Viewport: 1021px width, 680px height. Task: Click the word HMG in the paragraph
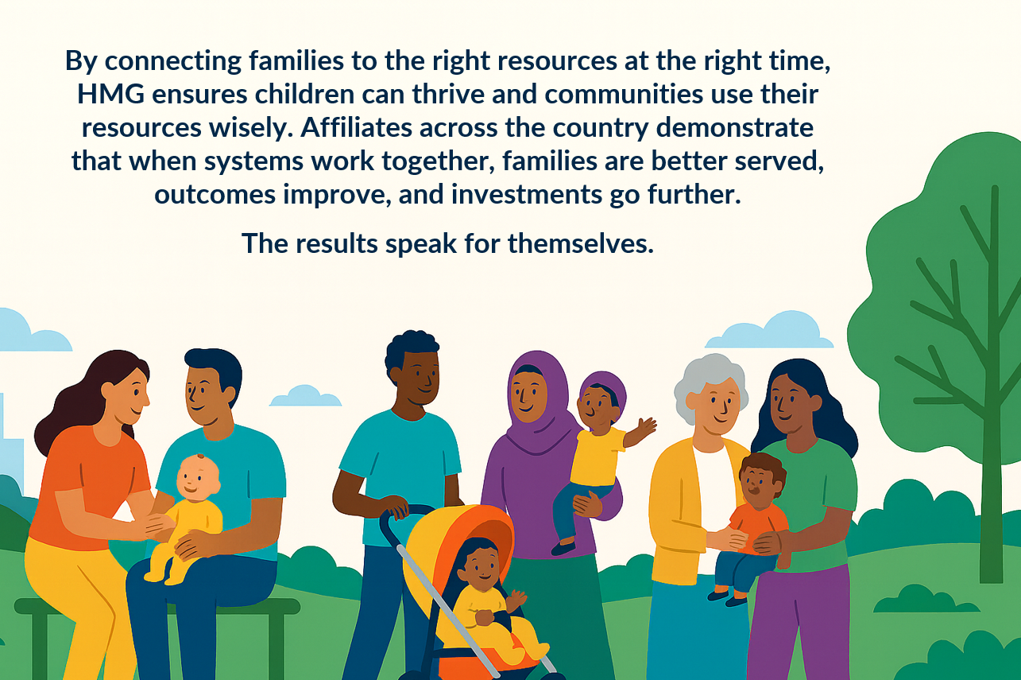(x=110, y=94)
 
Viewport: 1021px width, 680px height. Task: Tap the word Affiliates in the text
(x=356, y=127)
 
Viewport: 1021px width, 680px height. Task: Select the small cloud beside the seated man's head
(x=305, y=396)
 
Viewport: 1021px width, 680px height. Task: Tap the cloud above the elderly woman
(x=769, y=330)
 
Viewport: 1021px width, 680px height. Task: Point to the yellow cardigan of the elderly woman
(x=675, y=507)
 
